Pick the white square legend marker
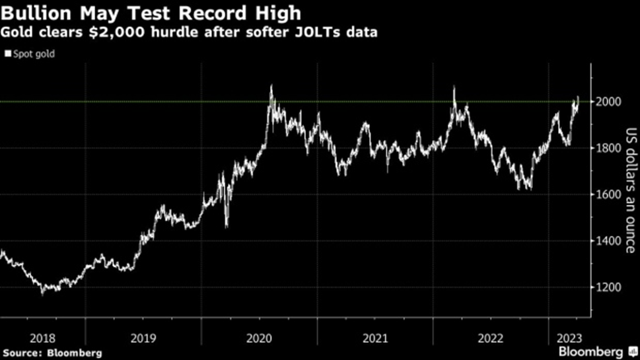pyautogui.click(x=7, y=54)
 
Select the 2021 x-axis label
pyautogui.click(x=374, y=336)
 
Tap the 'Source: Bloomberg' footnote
pyautogui.click(x=52, y=353)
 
